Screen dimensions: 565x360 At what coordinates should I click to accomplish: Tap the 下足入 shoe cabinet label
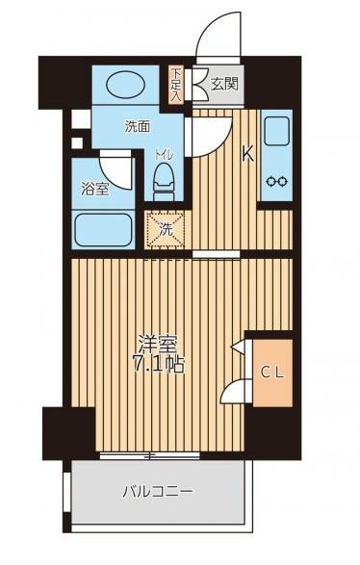point(176,84)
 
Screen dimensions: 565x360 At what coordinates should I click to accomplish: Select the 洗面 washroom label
point(136,126)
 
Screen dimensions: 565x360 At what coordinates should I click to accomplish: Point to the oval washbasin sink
point(124,86)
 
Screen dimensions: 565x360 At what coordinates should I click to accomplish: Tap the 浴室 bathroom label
point(94,190)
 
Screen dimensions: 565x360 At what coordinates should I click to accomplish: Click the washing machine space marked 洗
point(166,229)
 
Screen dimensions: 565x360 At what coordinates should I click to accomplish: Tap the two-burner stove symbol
point(276,180)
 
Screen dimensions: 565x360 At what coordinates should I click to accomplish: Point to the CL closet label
point(270,372)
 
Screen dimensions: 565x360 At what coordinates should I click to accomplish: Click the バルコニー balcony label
point(158,491)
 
